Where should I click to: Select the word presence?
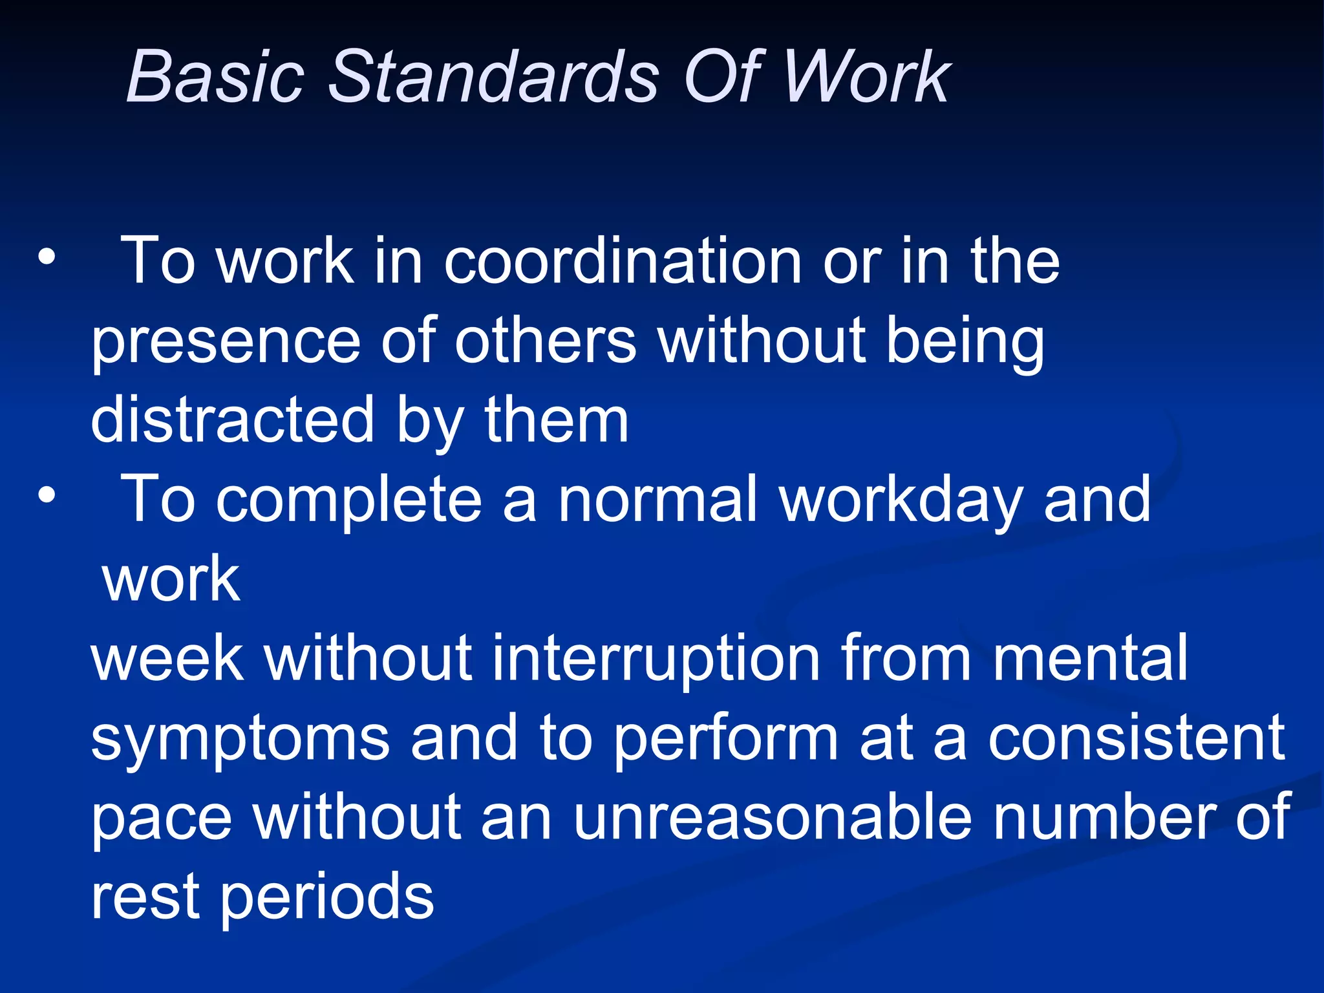[225, 343]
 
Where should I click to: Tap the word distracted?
[233, 420]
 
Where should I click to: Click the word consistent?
[1136, 738]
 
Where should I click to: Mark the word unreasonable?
[772, 817]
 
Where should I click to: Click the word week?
[167, 657]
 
